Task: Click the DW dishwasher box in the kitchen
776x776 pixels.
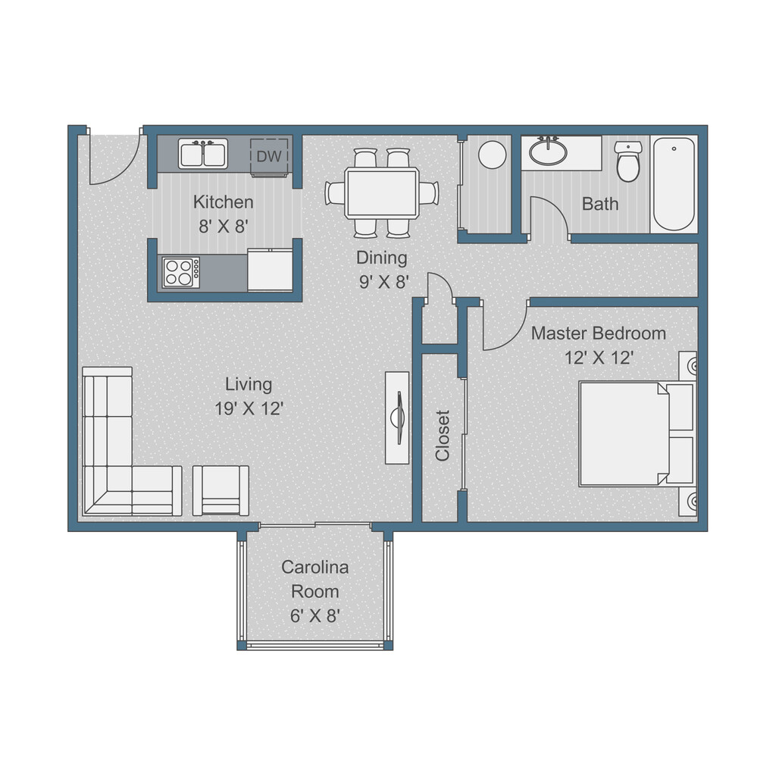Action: [269, 156]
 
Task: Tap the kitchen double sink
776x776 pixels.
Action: [203, 153]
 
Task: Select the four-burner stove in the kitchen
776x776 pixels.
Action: [180, 272]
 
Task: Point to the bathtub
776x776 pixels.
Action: [674, 183]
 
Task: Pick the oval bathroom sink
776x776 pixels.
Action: [547, 152]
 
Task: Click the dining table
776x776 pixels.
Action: [381, 193]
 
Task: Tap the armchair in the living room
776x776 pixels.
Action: [221, 490]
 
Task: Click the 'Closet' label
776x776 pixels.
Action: [443, 435]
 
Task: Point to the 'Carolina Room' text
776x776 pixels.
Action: [314, 579]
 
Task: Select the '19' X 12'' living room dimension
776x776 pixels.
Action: [249, 408]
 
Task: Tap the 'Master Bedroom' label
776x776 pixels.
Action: [598, 333]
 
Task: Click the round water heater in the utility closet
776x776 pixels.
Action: [493, 155]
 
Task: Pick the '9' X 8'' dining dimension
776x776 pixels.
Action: [383, 283]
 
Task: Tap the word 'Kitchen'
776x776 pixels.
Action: [223, 202]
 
